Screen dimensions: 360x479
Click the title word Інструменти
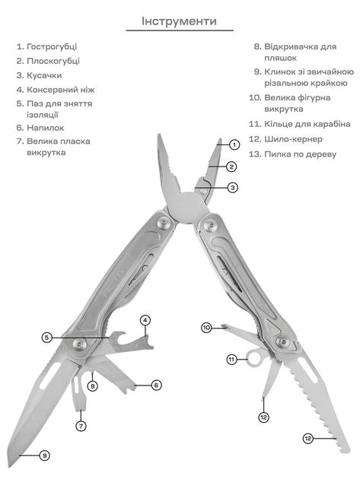click(x=179, y=21)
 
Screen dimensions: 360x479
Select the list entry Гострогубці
click(x=52, y=46)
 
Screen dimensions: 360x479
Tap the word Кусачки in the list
click(x=44, y=75)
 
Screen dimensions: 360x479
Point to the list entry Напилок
click(x=45, y=128)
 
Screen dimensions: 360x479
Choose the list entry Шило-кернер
click(x=293, y=139)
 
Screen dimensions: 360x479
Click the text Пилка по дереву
click(x=300, y=154)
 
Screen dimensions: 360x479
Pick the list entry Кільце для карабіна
click(x=307, y=124)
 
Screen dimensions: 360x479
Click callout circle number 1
click(x=234, y=144)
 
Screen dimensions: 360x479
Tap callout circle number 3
click(x=232, y=187)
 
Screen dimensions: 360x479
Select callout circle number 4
click(x=145, y=320)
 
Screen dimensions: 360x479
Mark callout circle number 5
click(x=46, y=338)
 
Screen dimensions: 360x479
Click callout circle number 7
click(x=81, y=426)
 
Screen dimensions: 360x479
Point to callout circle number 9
click(x=45, y=455)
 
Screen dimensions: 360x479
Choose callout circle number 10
click(x=206, y=328)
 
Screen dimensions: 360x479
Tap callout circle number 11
click(x=231, y=360)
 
